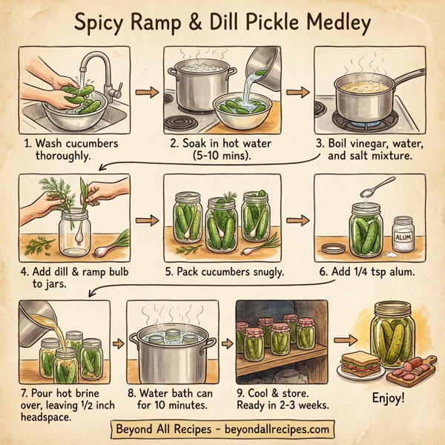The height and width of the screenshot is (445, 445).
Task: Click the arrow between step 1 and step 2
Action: (x=147, y=93)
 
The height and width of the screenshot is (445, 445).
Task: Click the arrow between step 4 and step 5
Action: (x=147, y=220)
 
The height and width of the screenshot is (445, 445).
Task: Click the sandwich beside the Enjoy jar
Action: (x=357, y=364)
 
